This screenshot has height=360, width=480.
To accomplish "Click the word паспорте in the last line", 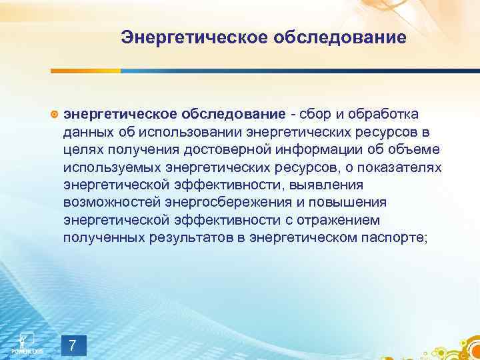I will (x=387, y=237).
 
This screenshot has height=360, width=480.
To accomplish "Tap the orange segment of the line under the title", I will (x=86, y=70).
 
